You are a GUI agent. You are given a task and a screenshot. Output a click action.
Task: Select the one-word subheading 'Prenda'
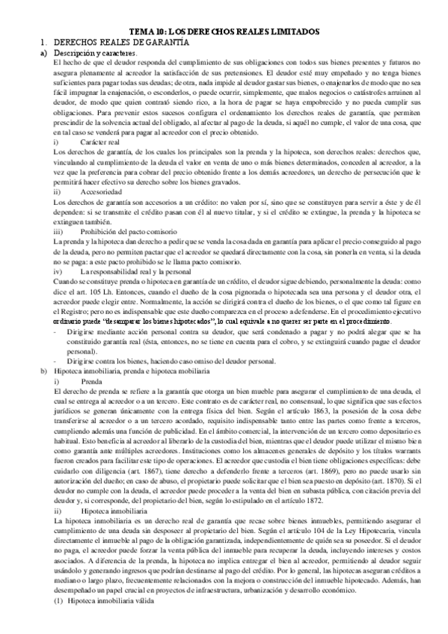pos(91,381)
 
